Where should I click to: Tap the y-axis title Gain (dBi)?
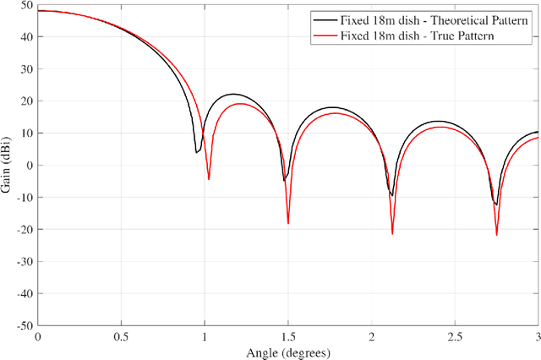click(8, 165)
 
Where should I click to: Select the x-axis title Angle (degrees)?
click(288, 352)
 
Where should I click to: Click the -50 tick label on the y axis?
click(24, 325)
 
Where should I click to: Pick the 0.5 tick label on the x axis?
click(121, 336)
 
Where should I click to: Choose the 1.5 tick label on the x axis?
click(288, 336)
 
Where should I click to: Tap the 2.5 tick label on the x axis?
click(455, 336)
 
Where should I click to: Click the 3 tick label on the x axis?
click(538, 336)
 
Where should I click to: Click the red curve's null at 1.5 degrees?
click(288, 224)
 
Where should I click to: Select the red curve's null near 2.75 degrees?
click(497, 235)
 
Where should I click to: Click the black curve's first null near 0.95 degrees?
click(196, 153)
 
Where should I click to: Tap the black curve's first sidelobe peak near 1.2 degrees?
click(233, 95)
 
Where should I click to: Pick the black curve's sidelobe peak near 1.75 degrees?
click(333, 107)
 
